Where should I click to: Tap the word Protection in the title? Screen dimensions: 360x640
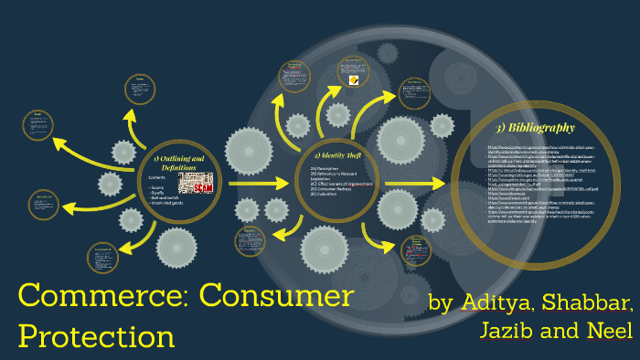(96, 335)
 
